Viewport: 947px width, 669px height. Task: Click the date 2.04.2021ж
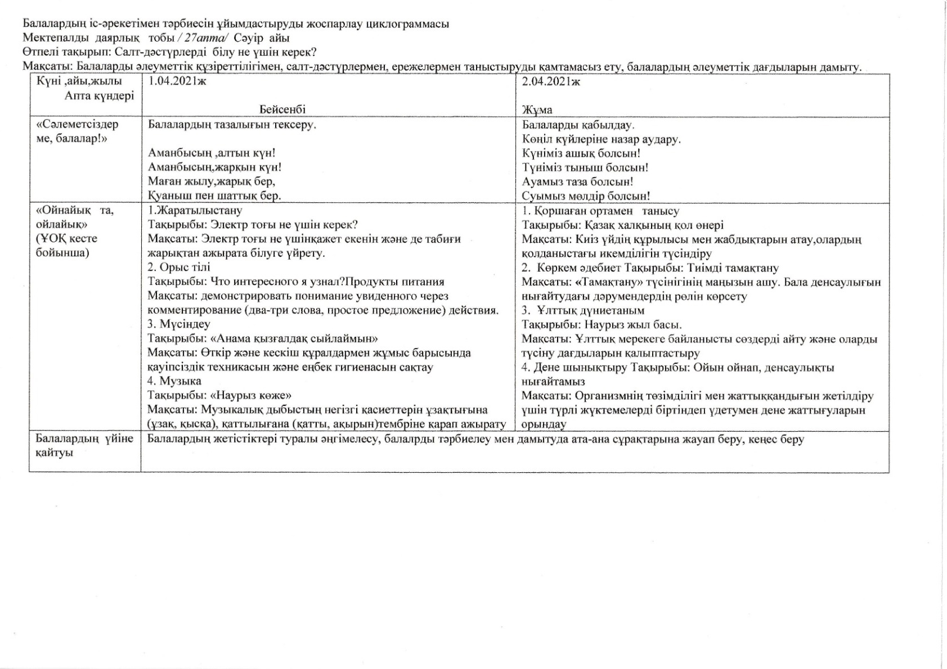point(551,81)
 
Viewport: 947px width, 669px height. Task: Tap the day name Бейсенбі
point(282,110)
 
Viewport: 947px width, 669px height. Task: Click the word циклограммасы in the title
point(407,24)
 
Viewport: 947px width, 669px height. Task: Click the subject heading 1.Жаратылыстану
point(195,211)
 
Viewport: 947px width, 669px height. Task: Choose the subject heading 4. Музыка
point(174,381)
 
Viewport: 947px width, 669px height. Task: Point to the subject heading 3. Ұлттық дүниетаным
point(583,310)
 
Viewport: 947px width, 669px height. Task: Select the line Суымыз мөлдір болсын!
point(586,196)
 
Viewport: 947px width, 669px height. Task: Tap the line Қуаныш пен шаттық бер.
point(214,196)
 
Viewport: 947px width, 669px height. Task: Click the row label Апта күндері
point(100,96)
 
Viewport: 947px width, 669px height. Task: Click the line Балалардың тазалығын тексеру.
point(232,125)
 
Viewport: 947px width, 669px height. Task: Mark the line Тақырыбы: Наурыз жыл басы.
point(602,325)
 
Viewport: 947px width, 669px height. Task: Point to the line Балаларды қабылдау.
point(578,125)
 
